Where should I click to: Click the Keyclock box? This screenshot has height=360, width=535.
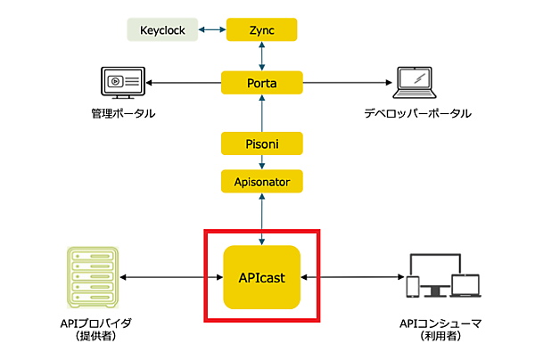(162, 29)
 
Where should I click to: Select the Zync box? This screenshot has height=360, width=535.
(261, 29)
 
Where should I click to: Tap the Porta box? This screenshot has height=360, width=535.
(261, 84)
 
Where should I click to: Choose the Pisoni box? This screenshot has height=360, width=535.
(261, 142)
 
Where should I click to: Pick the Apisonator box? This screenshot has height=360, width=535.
(261, 182)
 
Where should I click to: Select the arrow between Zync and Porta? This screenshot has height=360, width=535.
(261, 56)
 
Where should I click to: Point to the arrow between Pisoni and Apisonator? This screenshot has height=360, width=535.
(261, 162)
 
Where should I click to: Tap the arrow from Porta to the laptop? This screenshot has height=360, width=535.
(348, 84)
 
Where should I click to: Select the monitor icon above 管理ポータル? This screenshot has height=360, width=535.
(121, 84)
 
